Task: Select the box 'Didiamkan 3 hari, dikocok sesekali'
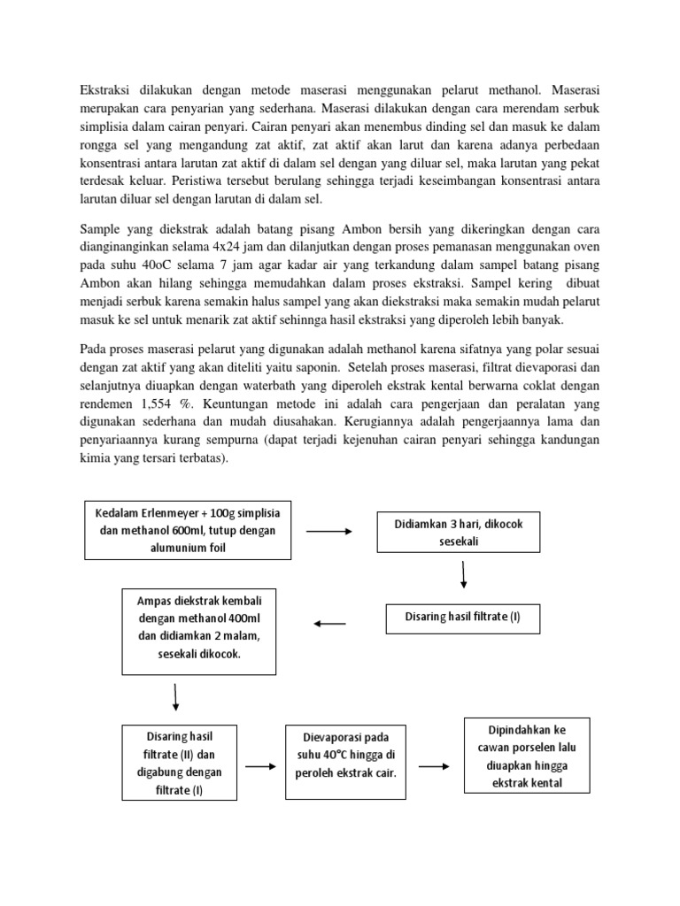point(464,533)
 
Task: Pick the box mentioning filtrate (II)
point(179,763)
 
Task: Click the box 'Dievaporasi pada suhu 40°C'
point(344,755)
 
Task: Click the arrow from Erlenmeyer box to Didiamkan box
point(328,532)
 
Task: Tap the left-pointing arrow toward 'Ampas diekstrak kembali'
point(329,624)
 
